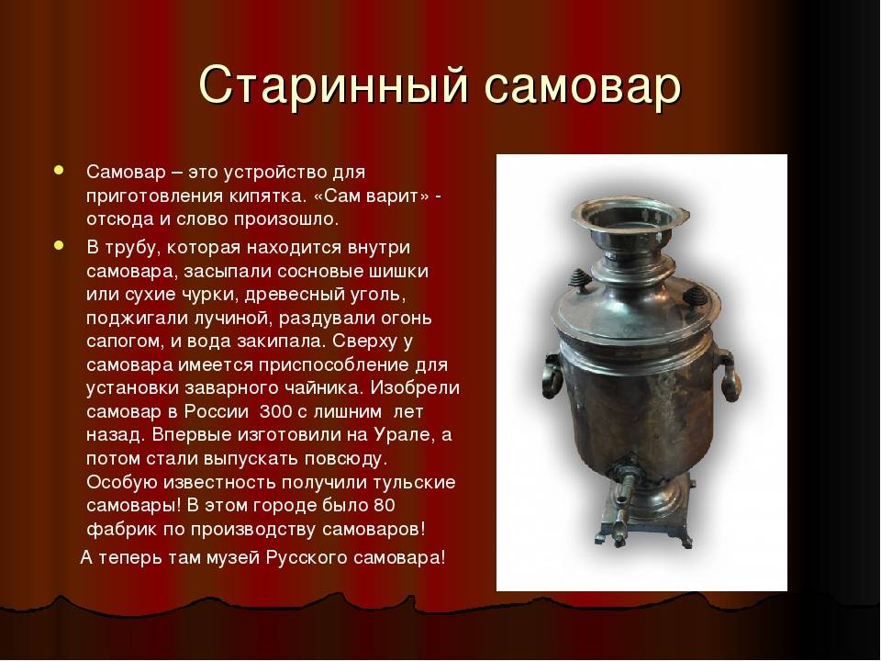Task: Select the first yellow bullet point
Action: tap(59, 171)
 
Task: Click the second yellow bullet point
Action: tap(59, 246)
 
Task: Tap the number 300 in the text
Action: tap(275, 411)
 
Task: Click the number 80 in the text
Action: tap(384, 505)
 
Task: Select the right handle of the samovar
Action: tap(729, 375)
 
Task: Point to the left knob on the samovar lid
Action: tap(579, 279)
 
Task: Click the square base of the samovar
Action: tap(646, 522)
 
